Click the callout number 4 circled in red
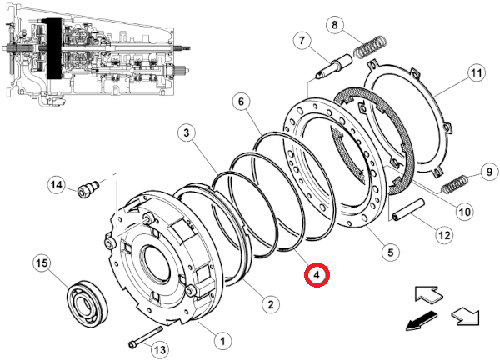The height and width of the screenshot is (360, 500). [317, 274]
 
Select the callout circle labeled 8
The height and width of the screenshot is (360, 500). [334, 24]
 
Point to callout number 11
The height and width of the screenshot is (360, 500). [477, 73]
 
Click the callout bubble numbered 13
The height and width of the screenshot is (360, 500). [160, 350]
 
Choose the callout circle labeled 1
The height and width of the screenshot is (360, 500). [222, 341]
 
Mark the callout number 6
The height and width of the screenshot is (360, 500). [241, 102]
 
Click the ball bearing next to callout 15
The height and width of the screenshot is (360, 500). [87, 302]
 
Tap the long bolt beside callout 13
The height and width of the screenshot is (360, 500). [145, 337]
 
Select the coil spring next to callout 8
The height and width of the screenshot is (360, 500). [371, 47]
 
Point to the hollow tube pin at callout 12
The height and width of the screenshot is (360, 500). [409, 209]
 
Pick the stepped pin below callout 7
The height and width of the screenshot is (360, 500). [333, 67]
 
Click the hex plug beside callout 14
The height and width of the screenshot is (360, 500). [88, 187]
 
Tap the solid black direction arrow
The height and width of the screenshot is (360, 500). [421, 321]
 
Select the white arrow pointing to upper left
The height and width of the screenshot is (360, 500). [428, 294]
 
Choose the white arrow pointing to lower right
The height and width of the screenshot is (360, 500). [465, 316]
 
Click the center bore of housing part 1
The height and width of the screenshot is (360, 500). [157, 263]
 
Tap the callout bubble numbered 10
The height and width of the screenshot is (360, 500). [464, 212]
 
